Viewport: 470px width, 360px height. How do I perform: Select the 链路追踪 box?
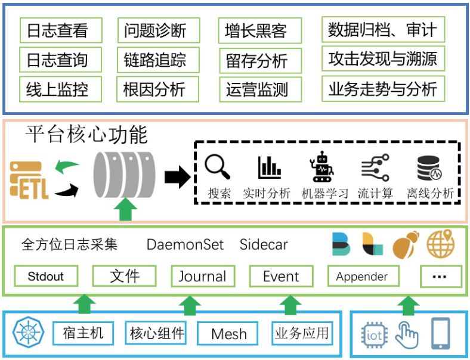point(154,60)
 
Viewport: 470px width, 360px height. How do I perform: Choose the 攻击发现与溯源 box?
point(382,58)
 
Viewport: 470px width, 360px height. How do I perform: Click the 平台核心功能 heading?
point(86,135)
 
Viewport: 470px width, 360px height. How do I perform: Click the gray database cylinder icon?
point(124,175)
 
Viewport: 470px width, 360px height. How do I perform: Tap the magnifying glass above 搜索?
point(217,167)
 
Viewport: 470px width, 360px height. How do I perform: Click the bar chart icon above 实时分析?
point(270,167)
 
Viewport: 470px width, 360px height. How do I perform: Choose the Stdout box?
point(45,277)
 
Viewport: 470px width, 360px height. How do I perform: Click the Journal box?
point(202,277)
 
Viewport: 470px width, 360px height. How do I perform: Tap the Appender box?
point(361,277)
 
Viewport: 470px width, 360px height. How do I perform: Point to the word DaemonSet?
point(185,245)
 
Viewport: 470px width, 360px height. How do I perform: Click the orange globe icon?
point(440,244)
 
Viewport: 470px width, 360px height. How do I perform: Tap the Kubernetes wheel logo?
point(28,333)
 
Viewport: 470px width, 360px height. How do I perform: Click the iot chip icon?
point(374,334)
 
